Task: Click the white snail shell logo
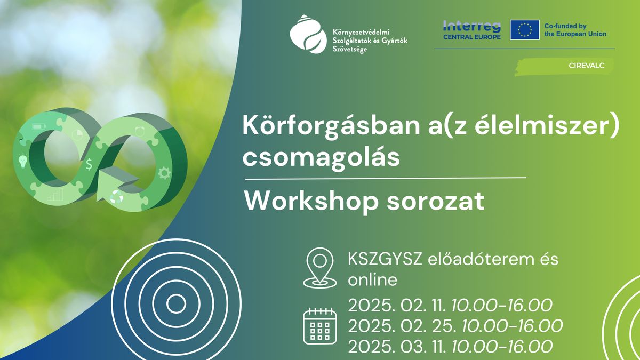[308, 34]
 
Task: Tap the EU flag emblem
[525, 30]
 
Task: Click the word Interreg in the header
[471, 27]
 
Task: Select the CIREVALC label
[586, 66]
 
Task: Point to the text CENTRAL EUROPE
[471, 37]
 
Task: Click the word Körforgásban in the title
[331, 126]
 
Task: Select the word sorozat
[435, 202]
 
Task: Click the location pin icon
[319, 268]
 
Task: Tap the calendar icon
[319, 326]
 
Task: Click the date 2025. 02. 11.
[397, 305]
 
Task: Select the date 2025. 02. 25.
[402, 326]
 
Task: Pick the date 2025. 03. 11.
[397, 347]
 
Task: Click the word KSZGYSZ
[385, 260]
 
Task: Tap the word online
[373, 280]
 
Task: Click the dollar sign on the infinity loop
[89, 164]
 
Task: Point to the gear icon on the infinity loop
[164, 173]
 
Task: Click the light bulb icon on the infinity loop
[23, 161]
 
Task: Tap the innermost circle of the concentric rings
[176, 304]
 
